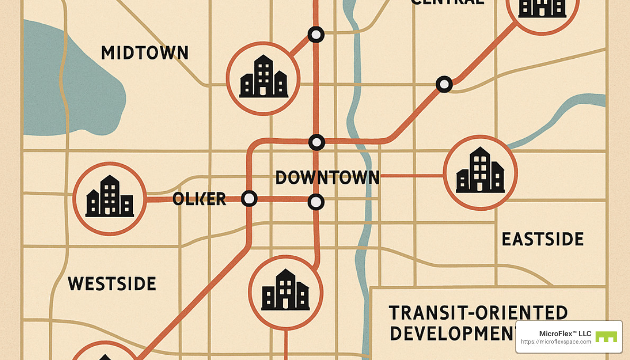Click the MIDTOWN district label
click(x=145, y=53)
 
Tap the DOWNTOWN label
click(x=327, y=178)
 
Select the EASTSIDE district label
click(x=542, y=239)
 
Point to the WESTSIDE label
click(x=112, y=284)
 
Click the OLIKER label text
click(x=199, y=199)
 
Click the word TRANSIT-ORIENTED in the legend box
click(x=478, y=313)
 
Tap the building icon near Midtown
click(x=263, y=78)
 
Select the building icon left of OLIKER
click(x=110, y=198)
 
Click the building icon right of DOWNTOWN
click(x=480, y=172)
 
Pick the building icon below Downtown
click(x=285, y=292)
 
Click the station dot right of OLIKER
click(x=249, y=199)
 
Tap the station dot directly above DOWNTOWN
click(x=317, y=142)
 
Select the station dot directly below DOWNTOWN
click(x=316, y=202)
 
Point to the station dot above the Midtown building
click(x=316, y=35)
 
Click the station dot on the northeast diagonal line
click(x=444, y=84)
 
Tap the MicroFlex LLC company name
click(x=565, y=334)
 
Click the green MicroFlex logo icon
click(x=606, y=337)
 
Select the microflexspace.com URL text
click(x=556, y=342)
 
